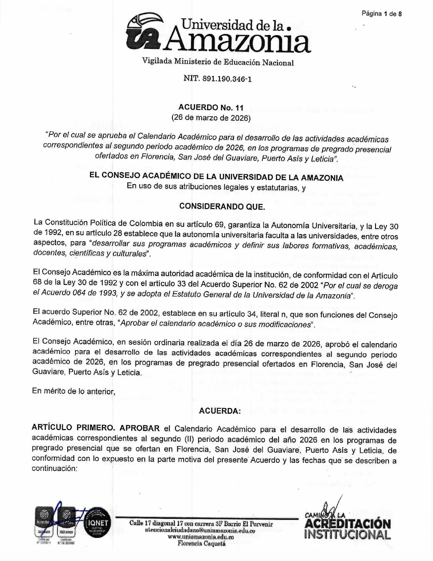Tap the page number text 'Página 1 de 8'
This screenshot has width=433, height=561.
coord(381,14)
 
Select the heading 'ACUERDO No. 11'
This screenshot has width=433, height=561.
coord(211,108)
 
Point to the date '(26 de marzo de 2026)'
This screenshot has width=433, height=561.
coord(211,118)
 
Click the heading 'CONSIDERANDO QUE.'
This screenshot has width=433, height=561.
coord(222,206)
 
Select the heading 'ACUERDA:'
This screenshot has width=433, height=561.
coord(220,411)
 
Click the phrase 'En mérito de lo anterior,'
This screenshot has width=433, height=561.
coord(74,391)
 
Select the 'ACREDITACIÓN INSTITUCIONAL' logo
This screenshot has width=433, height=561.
coord(347,527)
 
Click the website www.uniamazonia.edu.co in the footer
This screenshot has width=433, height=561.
coord(201,537)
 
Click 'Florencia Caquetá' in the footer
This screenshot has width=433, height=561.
coord(201,543)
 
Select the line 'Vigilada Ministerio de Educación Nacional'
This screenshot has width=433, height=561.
coord(218,62)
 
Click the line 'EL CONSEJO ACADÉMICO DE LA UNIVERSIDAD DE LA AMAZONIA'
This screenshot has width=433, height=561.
coord(216,177)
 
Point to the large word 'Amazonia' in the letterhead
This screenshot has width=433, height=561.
coord(238,41)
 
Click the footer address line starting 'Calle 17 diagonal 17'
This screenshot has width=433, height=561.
coord(201,524)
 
